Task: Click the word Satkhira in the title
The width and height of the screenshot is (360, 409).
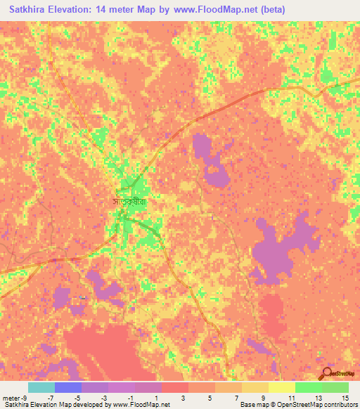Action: [31, 11]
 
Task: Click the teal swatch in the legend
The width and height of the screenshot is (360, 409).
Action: [41, 387]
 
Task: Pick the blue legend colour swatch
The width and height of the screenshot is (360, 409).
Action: [68, 387]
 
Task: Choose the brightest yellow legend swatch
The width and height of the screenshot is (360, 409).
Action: [282, 387]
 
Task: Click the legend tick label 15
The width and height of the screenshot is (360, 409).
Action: [344, 398]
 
